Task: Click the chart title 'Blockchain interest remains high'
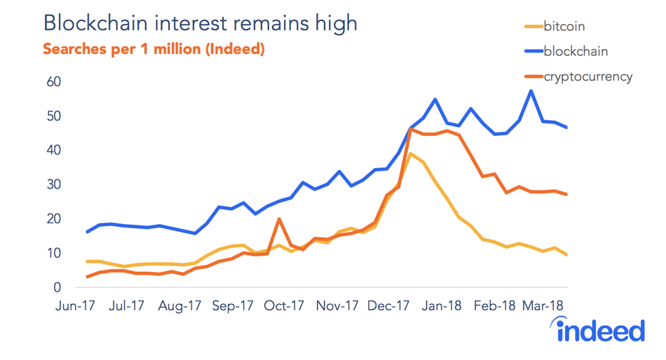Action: click(199, 23)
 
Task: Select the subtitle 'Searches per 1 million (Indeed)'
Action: click(154, 50)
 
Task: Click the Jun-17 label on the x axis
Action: click(74, 306)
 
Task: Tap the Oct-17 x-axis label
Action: click(285, 306)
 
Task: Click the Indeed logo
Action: click(600, 330)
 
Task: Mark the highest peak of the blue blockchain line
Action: click(531, 91)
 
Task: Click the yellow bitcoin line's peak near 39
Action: click(411, 154)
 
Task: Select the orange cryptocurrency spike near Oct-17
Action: click(279, 219)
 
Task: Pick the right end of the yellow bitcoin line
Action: click(567, 255)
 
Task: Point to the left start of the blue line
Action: click(87, 232)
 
